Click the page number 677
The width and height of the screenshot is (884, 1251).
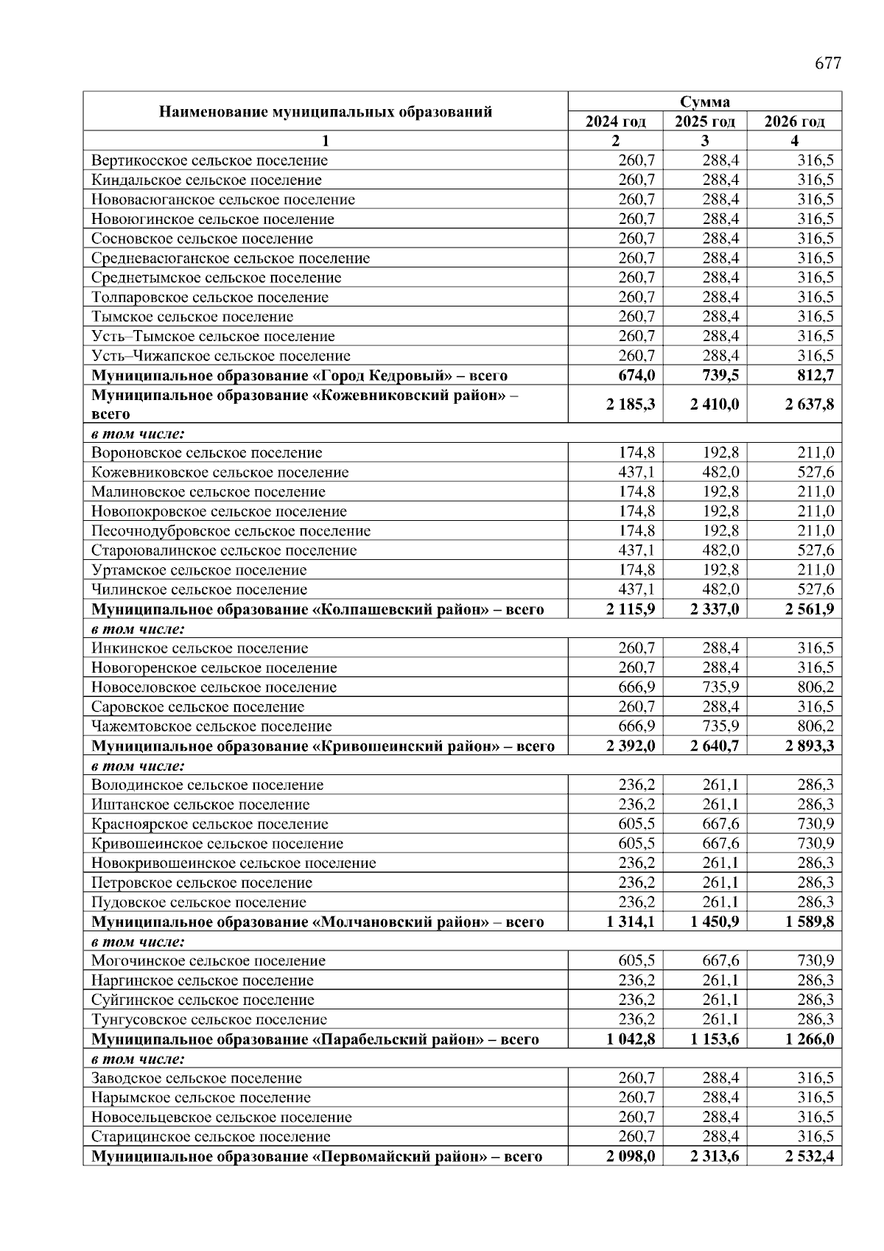[827, 64]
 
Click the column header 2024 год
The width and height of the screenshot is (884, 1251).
[615, 122]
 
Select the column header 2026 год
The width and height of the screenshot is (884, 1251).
[794, 122]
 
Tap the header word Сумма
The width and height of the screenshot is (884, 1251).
[704, 102]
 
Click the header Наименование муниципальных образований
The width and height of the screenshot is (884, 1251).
[326, 112]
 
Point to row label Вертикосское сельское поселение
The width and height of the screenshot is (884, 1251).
[210, 161]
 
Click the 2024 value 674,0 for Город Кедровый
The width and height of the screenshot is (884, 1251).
[636, 376]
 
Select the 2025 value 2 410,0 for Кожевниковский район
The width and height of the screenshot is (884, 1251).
[715, 404]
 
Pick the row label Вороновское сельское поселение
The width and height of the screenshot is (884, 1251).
[207, 453]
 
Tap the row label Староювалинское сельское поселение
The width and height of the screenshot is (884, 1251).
[224, 550]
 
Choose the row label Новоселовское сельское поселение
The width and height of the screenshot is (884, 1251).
[214, 687]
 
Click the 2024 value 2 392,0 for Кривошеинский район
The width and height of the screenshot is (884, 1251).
[631, 746]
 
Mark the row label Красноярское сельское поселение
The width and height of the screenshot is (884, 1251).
[210, 824]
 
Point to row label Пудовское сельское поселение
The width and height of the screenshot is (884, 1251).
[199, 903]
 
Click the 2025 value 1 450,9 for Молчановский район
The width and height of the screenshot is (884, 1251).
[715, 922]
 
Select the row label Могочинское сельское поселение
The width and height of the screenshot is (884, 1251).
[208, 961]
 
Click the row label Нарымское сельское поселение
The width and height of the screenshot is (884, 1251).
[201, 1098]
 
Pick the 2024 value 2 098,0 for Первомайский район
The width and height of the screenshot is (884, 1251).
[631, 1157]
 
